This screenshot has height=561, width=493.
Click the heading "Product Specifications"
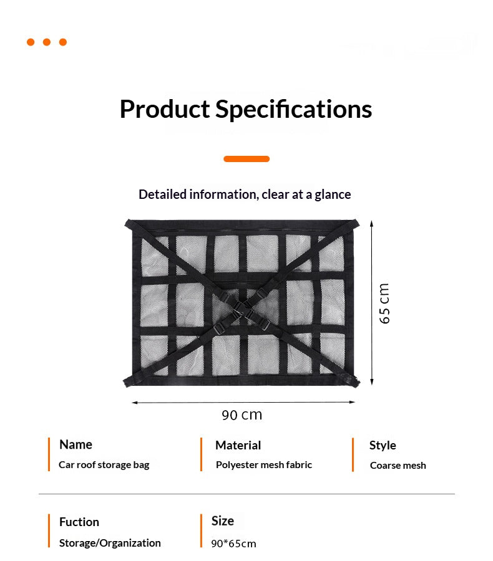click(246, 109)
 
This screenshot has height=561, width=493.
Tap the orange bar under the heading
click(246, 159)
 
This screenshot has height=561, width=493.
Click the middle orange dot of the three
click(47, 42)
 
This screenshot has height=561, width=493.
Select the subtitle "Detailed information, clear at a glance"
click(245, 194)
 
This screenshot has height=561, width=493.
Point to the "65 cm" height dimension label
click(384, 304)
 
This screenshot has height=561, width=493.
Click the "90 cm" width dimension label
click(242, 415)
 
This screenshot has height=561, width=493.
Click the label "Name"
click(76, 444)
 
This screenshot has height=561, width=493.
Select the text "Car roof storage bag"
click(104, 465)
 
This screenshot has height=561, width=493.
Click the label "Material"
click(238, 445)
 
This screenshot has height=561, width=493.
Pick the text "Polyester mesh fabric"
click(264, 465)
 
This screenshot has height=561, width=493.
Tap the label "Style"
click(383, 446)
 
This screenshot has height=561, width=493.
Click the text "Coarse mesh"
click(398, 466)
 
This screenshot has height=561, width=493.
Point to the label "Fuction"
click(79, 522)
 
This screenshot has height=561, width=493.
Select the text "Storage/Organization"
click(110, 543)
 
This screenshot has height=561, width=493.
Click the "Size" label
click(223, 521)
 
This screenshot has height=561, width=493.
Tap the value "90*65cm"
click(233, 544)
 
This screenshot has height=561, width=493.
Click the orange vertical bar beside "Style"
click(353, 455)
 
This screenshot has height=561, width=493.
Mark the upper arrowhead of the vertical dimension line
click(371, 224)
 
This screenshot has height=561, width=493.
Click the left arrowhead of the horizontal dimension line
click(135, 403)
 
